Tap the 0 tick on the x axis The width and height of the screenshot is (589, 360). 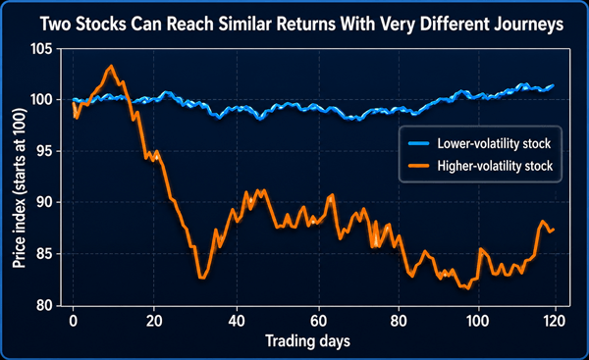[x=74, y=321]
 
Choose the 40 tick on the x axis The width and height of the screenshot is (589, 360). [x=237, y=321]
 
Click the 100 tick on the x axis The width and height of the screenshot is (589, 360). [x=477, y=321]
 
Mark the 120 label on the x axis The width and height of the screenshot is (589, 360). [x=554, y=321]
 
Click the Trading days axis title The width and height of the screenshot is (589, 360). [x=307, y=341]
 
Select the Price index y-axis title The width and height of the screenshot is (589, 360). [x=20, y=188]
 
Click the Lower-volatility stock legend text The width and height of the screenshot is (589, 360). [x=494, y=143]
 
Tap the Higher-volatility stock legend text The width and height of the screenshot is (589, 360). [x=495, y=166]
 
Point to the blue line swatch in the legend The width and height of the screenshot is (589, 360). [x=419, y=143]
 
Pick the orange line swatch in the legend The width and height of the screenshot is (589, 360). [x=419, y=166]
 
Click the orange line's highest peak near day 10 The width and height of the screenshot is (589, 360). [x=110, y=66]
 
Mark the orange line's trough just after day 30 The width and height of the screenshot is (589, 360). [x=202, y=278]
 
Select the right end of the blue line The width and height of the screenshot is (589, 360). [x=553, y=85]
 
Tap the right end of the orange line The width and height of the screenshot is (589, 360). [x=554, y=230]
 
